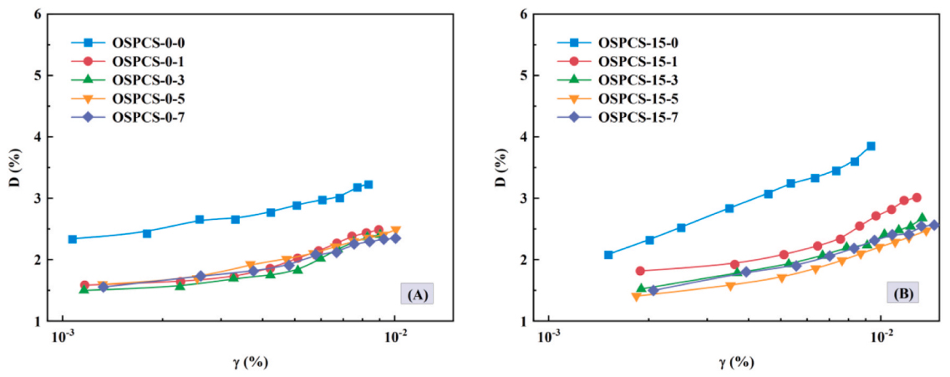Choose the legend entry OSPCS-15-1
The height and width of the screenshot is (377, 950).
[634, 60]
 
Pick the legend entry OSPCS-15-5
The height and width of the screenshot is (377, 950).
[634, 98]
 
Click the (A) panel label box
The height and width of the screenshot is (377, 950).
[415, 295]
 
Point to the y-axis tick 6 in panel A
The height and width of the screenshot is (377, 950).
[38, 14]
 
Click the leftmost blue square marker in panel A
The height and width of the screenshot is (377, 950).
[73, 239]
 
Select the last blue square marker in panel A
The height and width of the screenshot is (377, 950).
[368, 185]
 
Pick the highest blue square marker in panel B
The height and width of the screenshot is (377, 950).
[871, 146]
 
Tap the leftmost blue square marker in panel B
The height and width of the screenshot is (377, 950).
[608, 255]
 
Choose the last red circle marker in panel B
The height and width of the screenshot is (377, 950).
[917, 197]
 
